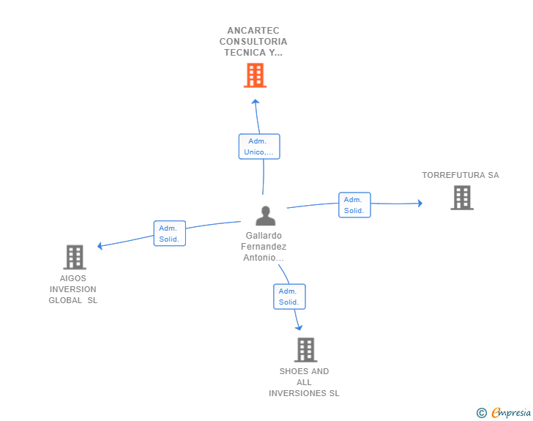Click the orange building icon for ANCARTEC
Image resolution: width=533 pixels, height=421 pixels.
(255, 75)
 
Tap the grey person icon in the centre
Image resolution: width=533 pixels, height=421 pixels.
(266, 215)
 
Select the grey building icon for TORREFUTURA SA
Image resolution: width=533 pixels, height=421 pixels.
(462, 198)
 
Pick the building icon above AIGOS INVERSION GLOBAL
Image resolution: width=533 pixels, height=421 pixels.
(75, 257)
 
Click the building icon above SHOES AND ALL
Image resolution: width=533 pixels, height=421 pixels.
(306, 349)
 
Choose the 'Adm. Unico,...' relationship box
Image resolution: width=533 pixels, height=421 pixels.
(259, 146)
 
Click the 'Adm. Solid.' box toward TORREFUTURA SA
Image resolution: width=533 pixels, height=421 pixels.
(354, 205)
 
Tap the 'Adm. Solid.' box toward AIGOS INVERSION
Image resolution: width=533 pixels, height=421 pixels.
(170, 234)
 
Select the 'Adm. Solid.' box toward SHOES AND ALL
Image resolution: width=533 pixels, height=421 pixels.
(290, 297)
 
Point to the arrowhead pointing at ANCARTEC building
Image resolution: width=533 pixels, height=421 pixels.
(256, 101)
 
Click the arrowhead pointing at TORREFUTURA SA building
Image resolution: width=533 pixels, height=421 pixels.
(420, 203)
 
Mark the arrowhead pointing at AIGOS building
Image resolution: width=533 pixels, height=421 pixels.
(100, 246)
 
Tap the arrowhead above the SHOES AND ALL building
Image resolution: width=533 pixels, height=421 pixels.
(299, 328)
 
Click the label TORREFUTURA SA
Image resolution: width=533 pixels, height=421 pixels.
(461, 175)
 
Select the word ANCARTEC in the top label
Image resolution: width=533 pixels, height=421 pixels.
(253, 31)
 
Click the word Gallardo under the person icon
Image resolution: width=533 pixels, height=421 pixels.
(264, 235)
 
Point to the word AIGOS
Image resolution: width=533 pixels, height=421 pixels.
(73, 278)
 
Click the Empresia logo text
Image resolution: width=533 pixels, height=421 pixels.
(511, 412)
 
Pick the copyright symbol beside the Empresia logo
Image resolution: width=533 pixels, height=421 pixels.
(482, 413)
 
